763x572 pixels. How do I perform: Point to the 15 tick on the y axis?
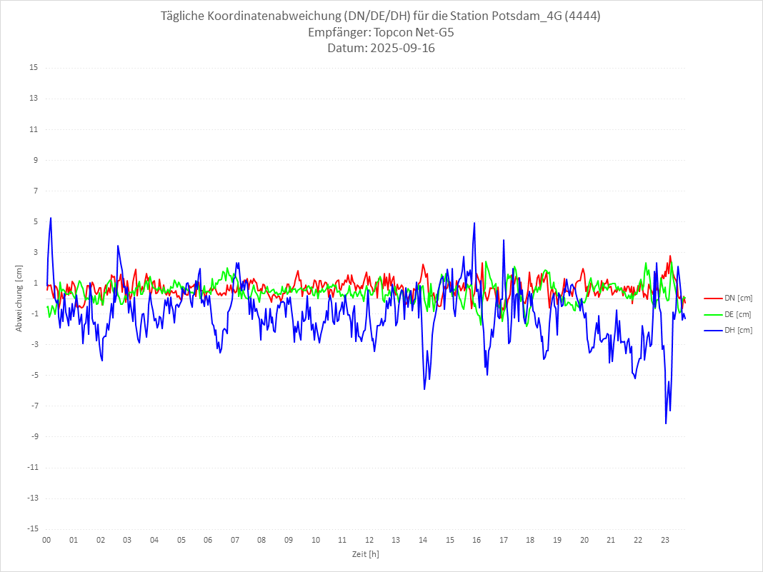[x=34, y=68]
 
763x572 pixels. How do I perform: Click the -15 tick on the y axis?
[x=32, y=528]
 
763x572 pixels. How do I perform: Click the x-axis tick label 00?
[x=46, y=540]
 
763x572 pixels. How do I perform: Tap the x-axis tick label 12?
[x=369, y=540]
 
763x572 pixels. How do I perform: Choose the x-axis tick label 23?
[x=665, y=540]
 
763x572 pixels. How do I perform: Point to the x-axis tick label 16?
[x=477, y=540]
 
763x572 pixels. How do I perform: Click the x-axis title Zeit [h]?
[x=366, y=553]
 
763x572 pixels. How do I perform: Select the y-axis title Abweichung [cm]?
[x=19, y=298]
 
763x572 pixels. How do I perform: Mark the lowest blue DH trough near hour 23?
[x=666, y=423]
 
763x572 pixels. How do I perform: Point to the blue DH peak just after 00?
[x=51, y=218]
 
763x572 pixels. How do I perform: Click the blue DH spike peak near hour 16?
[x=474, y=223]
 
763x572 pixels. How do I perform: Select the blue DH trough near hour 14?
[x=424, y=389]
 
